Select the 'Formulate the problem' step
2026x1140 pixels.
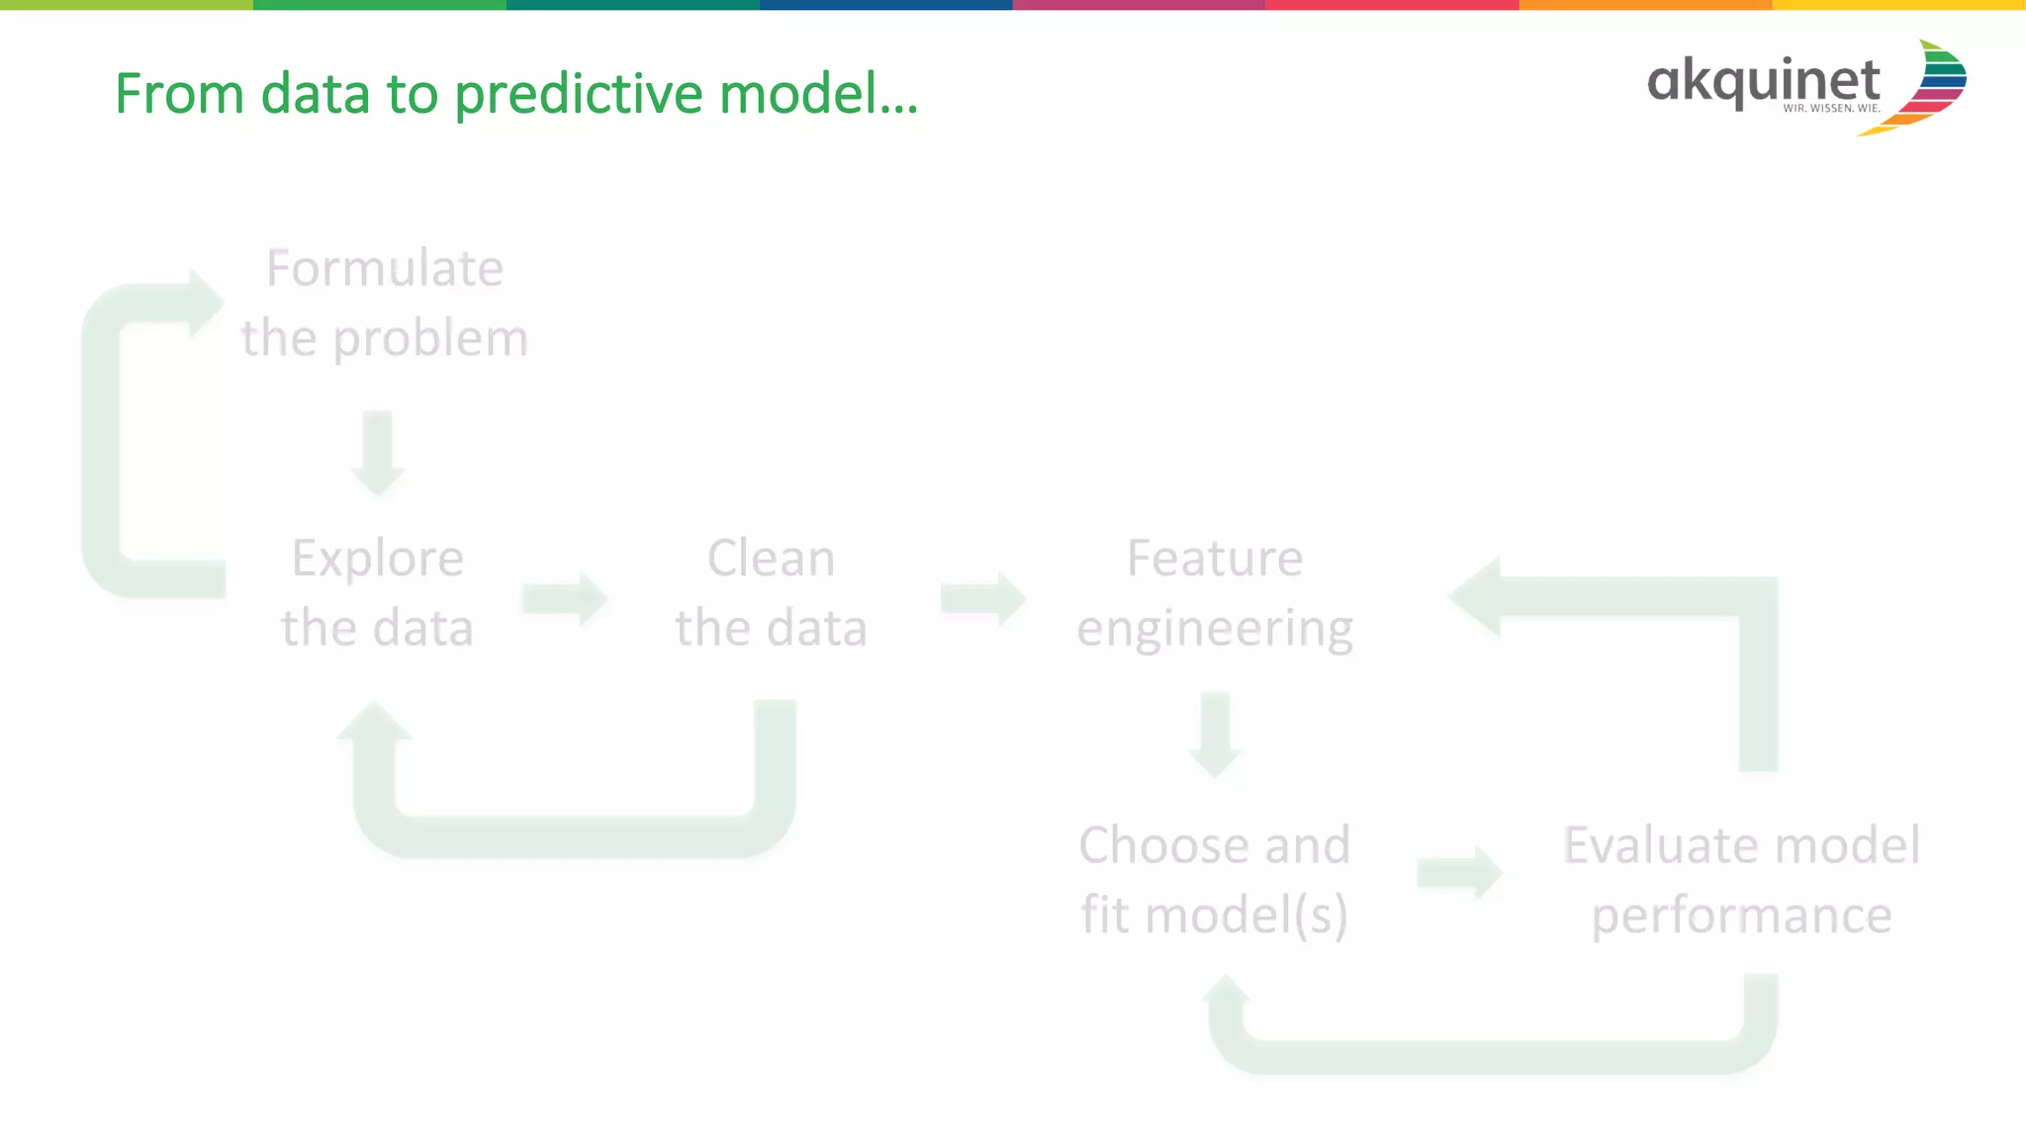click(385, 303)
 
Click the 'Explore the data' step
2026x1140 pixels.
click(377, 592)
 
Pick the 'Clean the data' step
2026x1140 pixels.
click(771, 592)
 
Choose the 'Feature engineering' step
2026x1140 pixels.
click(1215, 592)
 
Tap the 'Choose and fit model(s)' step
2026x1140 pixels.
click(1214, 879)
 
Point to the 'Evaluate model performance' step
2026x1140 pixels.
click(1741, 879)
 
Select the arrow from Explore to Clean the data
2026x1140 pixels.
click(565, 598)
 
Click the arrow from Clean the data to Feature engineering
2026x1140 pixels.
click(983, 598)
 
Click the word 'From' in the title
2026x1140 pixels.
click(179, 95)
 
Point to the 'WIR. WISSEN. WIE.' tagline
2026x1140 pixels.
click(1831, 108)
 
